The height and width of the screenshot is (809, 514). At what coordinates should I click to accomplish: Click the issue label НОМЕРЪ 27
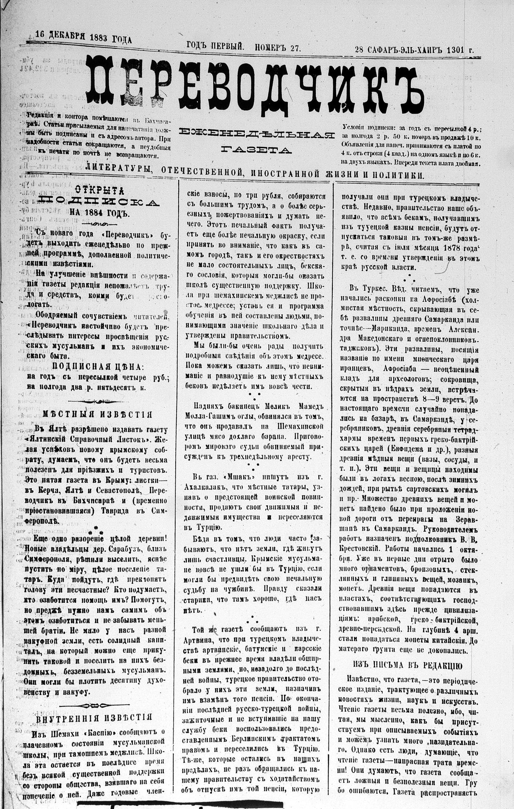pyautogui.click(x=278, y=48)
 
